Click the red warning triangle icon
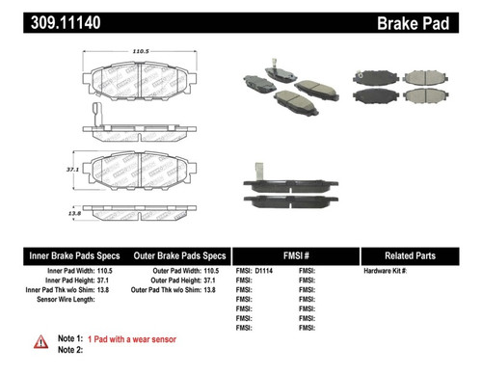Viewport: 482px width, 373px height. tap(40, 340)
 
